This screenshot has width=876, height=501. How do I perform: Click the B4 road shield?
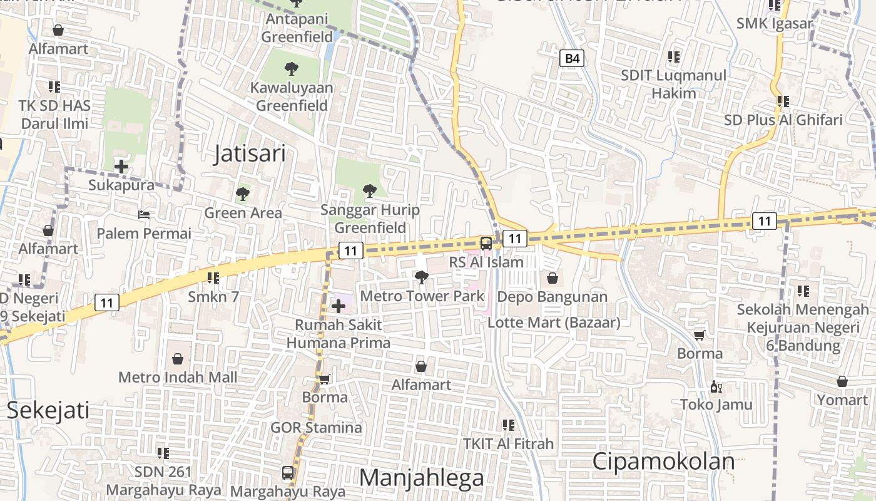pos(571,59)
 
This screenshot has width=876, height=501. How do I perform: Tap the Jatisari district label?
pos(250,153)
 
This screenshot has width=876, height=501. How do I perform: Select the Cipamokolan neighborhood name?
pos(663,462)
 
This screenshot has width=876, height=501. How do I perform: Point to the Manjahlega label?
pos(422,478)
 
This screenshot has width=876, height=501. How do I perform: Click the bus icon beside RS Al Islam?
pos(486,243)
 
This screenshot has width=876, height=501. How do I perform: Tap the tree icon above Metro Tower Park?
pos(422,276)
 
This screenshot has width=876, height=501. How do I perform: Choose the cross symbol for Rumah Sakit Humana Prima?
pos(339,306)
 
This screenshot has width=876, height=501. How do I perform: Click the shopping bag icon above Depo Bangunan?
pos(553,277)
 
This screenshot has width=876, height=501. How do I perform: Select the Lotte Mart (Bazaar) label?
pos(554,323)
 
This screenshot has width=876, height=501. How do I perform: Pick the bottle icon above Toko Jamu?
pos(716,387)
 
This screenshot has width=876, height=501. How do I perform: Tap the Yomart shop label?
pos(842,400)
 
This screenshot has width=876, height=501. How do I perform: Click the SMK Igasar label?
pos(775,24)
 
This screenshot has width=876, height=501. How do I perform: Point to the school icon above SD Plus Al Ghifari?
pos(783,101)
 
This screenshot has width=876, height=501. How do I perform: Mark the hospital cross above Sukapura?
pos(121,167)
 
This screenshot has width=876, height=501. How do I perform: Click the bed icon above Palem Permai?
pos(144,215)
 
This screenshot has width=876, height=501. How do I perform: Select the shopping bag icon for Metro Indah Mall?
pos(178,359)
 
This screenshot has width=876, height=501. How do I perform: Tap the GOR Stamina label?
pos(316,428)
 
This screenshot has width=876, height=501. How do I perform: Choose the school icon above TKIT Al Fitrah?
pos(509,425)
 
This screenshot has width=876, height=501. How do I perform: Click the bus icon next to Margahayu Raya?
pos(288,473)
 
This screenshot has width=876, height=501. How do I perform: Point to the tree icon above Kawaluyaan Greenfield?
pos(291,69)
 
